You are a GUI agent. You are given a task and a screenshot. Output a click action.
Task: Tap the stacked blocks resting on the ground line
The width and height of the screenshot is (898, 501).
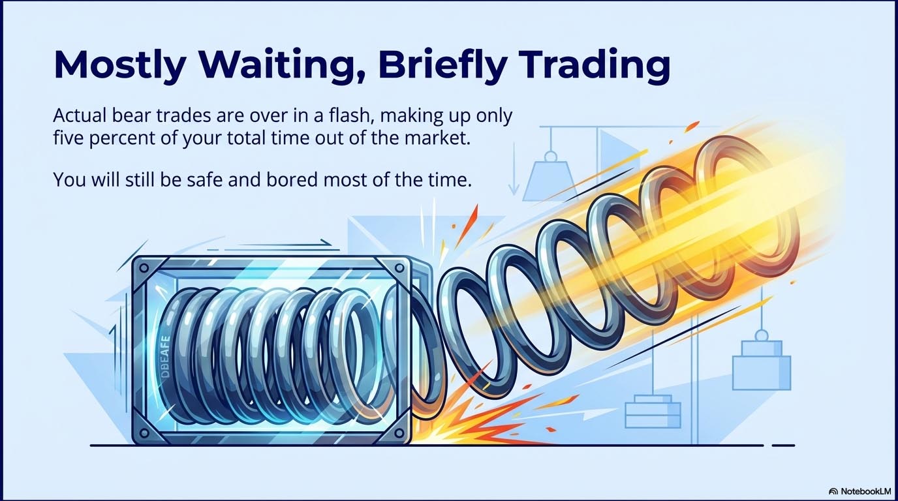point(653,411)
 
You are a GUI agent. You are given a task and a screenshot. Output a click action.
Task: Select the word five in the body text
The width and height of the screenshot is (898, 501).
point(67,140)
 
